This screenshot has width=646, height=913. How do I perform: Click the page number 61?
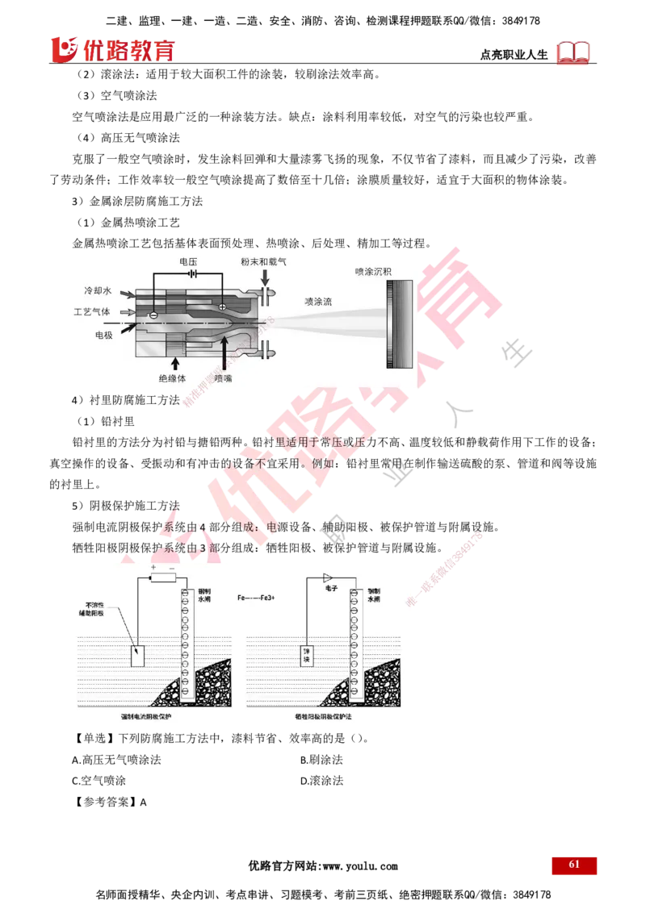pos(574,864)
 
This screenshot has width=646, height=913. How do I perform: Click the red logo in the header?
pos(112,50)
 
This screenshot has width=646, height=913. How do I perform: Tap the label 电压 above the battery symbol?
pos(189,262)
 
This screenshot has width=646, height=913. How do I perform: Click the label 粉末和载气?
pos(263,262)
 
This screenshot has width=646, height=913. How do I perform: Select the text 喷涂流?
pos(317,301)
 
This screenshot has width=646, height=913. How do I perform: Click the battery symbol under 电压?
pos(192,274)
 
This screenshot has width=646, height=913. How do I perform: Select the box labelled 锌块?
pos(306,655)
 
